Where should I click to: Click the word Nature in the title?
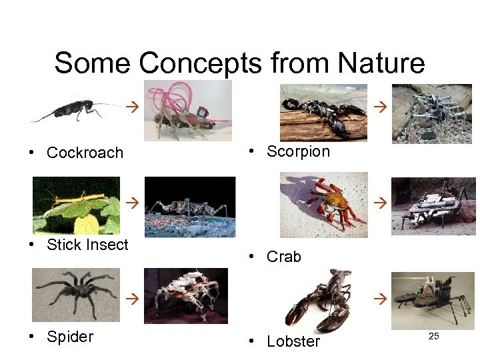click(381, 63)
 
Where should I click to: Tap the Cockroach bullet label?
click(85, 153)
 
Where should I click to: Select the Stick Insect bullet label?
click(87, 245)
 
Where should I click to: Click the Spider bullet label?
click(70, 337)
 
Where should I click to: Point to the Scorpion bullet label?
click(298, 151)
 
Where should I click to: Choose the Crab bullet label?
click(283, 257)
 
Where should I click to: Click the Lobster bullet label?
click(293, 341)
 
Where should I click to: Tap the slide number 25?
click(433, 336)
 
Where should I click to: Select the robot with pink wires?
click(188, 110)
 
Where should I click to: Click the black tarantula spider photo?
click(76, 294)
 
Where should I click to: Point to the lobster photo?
click(320, 300)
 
